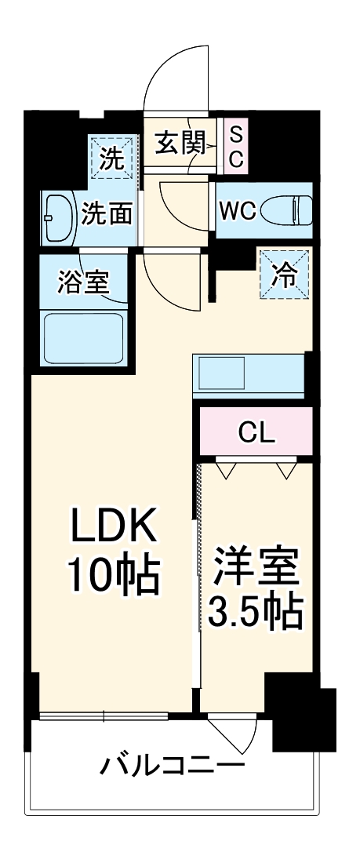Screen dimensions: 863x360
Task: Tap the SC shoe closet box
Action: pos(236,144)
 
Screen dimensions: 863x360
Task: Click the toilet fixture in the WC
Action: pos(286,211)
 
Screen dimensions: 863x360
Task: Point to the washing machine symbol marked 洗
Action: pos(111,160)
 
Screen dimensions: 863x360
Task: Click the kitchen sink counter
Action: pos(249,375)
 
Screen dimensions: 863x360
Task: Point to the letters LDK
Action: pos(115,528)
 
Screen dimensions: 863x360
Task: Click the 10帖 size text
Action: pos(115,577)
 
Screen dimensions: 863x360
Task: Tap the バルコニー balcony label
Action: pos(172,763)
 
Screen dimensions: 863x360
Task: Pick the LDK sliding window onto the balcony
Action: pos(103,716)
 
